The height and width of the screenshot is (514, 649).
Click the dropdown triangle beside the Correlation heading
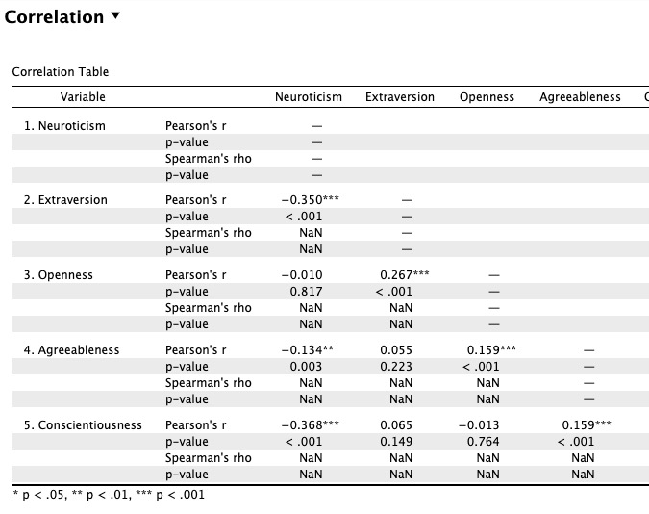tap(116, 16)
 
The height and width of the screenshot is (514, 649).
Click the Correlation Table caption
tap(61, 72)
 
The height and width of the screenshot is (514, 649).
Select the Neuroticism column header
tap(308, 97)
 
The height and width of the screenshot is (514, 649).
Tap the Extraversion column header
tap(400, 97)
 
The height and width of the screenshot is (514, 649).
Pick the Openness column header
tap(487, 97)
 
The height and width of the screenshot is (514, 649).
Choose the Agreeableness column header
tap(580, 97)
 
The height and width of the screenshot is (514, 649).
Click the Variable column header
tap(83, 97)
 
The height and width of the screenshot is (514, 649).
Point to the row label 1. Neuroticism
tap(64, 126)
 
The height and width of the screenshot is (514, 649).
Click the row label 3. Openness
tap(58, 275)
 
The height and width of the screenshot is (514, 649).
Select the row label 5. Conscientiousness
tap(83, 424)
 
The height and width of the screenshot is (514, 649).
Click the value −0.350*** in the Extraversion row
tap(310, 200)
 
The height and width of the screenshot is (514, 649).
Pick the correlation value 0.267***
tap(404, 275)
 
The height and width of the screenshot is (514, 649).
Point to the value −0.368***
tap(310, 424)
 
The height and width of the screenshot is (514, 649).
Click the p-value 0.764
tap(487, 441)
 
